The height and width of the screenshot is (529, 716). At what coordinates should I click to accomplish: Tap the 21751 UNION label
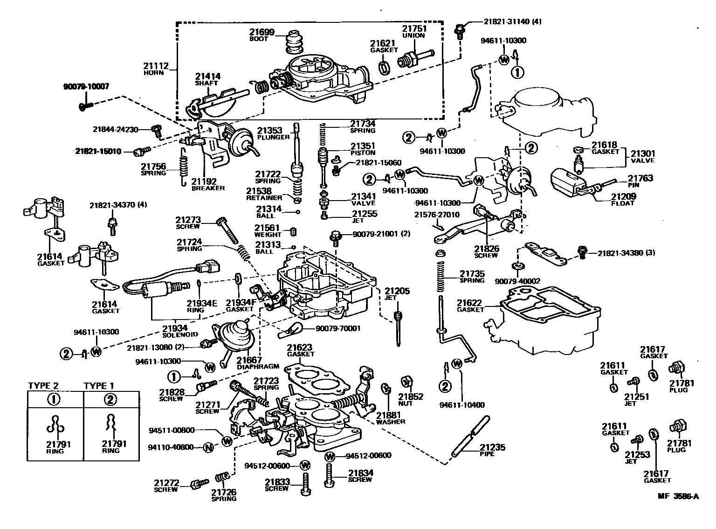tap(413, 31)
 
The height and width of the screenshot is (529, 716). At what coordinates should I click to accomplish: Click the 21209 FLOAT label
tap(623, 199)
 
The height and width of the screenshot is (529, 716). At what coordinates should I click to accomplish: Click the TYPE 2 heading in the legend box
tap(43, 386)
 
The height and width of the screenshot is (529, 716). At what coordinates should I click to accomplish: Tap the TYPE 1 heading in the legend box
tap(99, 386)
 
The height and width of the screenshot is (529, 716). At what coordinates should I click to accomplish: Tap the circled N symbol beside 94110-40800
tap(209, 447)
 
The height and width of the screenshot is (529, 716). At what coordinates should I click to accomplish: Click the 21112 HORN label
tap(156, 69)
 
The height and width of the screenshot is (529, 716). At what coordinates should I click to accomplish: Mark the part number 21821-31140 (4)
tap(513, 21)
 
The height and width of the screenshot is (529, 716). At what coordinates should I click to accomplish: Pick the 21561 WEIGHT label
tap(268, 230)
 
